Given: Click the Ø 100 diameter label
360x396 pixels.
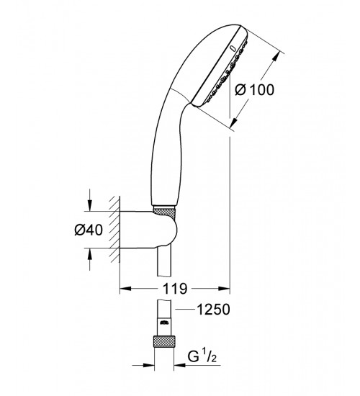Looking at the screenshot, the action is coord(254,90).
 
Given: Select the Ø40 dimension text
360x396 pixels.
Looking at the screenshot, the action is coord(89,230).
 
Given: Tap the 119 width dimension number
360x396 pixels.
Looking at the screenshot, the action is coord(175,289).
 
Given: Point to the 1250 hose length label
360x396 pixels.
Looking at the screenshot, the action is coord(213,309).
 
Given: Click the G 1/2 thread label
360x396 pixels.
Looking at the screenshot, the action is coord(202,356).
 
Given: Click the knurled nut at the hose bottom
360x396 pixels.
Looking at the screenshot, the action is coord(164,341).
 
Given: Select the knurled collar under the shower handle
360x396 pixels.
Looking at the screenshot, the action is coord(164,212).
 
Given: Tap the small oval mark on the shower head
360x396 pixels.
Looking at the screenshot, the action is coord(233,48).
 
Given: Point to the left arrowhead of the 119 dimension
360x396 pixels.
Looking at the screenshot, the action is coord(125,289).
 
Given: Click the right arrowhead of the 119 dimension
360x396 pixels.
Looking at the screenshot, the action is coord(224,289).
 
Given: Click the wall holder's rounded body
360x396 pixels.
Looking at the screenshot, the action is coord(148,230).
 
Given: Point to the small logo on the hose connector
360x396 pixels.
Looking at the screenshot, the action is coord(164,322).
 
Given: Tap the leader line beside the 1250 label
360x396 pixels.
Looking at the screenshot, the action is coord(185,309).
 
